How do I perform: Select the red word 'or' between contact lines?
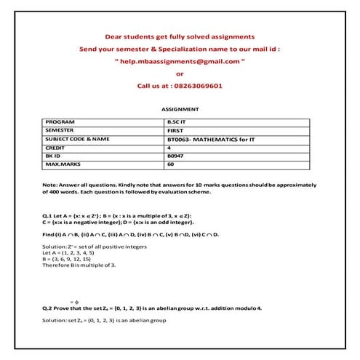pos(180,73)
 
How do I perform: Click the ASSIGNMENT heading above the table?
pos(180,109)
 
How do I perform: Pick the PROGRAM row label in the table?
pos(60,121)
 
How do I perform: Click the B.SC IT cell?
pos(177,121)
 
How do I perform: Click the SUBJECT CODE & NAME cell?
pos(78,139)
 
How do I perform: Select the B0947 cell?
pos(175,156)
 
